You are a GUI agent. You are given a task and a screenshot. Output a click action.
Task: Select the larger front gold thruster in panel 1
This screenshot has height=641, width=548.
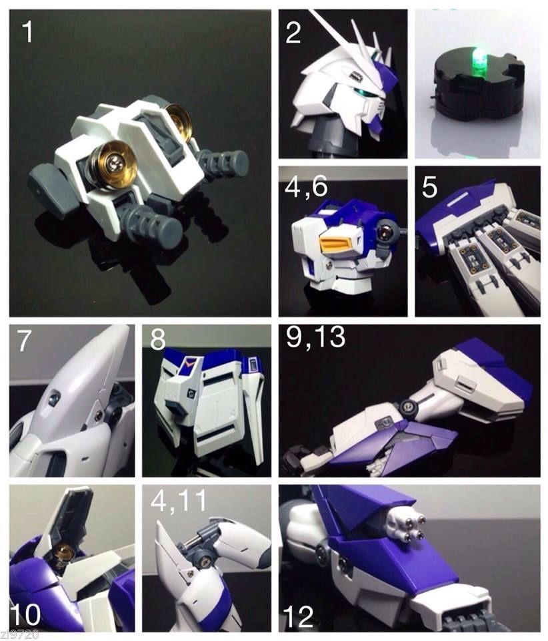click(x=114, y=163)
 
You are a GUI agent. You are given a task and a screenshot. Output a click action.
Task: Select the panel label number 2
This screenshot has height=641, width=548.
click(x=293, y=32)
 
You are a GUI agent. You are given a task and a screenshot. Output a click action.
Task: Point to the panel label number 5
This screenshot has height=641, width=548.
click(x=431, y=188)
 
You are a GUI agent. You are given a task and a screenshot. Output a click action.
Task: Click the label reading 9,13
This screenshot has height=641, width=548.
click(x=316, y=338)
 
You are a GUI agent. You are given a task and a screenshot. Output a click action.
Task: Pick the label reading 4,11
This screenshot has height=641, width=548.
click(x=176, y=505)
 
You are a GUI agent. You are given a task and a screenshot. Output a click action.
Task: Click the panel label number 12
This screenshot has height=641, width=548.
click(x=297, y=616)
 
